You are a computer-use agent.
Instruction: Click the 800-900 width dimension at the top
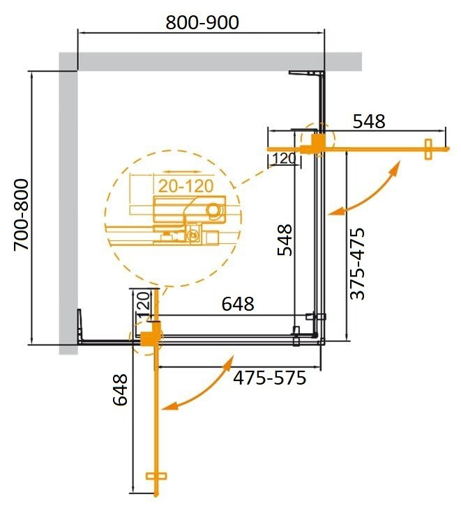(202, 22)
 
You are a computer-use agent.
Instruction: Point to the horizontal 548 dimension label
(368, 121)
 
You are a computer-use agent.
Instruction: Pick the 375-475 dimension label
(357, 263)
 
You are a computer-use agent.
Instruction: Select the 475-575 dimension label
(269, 378)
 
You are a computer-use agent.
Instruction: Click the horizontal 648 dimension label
(238, 304)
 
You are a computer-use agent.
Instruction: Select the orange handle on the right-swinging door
(429, 148)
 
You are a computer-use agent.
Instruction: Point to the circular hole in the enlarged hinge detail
(213, 210)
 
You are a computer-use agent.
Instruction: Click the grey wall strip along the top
(209, 61)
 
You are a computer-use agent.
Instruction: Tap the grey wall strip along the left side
(68, 209)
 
